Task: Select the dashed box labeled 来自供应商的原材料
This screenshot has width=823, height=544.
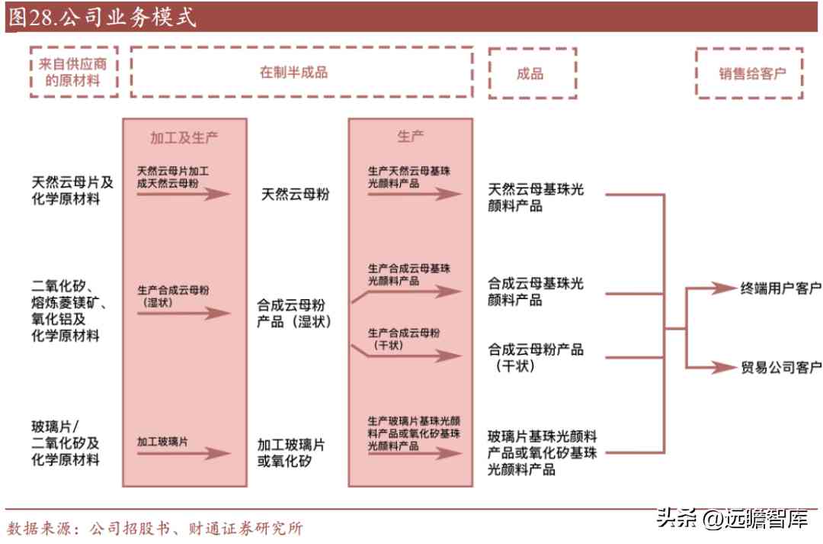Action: pos(74,72)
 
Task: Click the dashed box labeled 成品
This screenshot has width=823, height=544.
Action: pos(530,73)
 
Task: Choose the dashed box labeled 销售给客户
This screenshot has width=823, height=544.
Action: pos(751,73)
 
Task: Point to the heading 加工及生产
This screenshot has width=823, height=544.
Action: pos(184,137)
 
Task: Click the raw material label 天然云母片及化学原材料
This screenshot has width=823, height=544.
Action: pos(72,191)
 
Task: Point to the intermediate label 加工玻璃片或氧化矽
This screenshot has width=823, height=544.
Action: pos(293,452)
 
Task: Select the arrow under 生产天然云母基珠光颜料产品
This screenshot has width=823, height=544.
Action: pos(414,195)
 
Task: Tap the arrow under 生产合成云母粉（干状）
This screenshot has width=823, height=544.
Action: pos(411,356)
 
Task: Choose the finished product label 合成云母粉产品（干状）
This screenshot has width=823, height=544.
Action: pos(536,357)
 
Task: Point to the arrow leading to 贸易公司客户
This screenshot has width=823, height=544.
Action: pos(709,367)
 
